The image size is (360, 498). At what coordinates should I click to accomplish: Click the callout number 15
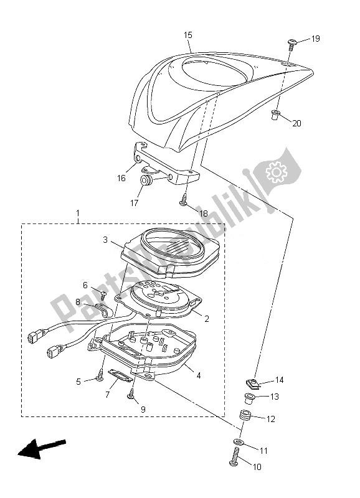pos(188,35)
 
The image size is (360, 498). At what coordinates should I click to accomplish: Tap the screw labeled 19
pos(291,44)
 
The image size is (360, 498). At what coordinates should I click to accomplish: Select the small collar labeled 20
pos(275,115)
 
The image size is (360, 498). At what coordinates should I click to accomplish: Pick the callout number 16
pos(121,178)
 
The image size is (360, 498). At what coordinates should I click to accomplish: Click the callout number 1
pos(78,212)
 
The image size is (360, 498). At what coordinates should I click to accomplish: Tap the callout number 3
pos(105,240)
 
